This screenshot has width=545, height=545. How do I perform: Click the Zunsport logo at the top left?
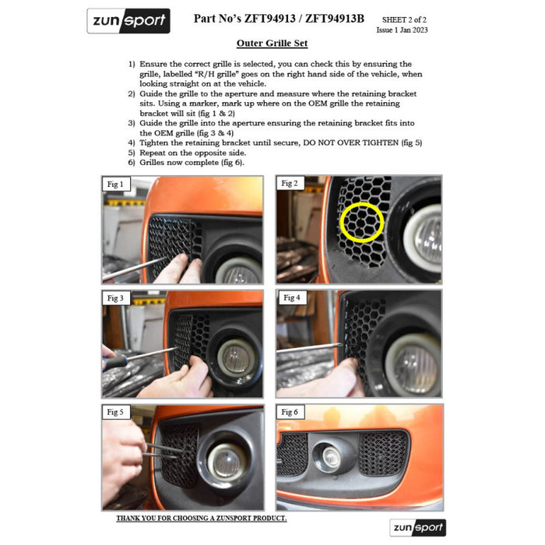(x=128, y=21)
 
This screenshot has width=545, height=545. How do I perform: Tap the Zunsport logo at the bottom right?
(x=418, y=527)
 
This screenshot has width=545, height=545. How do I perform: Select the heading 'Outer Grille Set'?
(x=272, y=43)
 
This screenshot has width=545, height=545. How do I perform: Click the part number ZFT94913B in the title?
(x=335, y=19)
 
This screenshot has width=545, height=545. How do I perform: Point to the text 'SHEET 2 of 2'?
(x=404, y=19)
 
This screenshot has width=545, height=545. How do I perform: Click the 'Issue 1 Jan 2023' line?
(x=403, y=30)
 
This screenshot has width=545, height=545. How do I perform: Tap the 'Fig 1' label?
(x=116, y=185)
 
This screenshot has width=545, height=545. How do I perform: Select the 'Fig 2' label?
(x=290, y=183)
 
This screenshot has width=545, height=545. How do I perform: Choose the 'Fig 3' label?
(x=116, y=298)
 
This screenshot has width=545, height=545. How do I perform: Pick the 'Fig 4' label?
(x=292, y=297)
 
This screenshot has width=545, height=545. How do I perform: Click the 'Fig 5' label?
(x=116, y=412)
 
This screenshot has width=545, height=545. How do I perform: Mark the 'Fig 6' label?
(x=290, y=412)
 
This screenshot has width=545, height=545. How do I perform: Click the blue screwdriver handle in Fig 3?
(x=115, y=362)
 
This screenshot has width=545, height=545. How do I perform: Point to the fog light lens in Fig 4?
(x=414, y=365)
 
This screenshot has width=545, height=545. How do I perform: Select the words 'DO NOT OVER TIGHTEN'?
(x=350, y=142)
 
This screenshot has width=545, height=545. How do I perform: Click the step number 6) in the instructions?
(x=132, y=163)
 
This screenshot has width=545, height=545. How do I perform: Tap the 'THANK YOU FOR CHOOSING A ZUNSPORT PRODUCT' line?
(x=202, y=519)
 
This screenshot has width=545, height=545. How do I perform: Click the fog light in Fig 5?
(x=227, y=459)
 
